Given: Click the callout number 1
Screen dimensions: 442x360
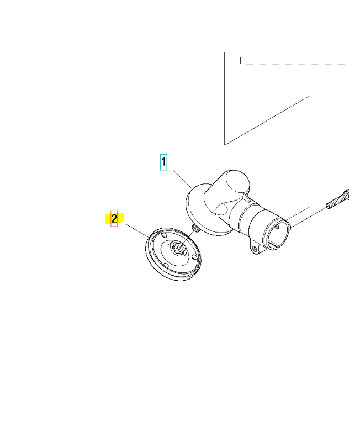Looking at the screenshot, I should click(163, 162).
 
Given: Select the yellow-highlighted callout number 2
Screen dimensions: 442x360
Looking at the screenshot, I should click(114, 219).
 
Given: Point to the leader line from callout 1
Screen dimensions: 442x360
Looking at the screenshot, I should click(180, 178).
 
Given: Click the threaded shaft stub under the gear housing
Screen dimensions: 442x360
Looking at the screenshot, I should click(195, 228).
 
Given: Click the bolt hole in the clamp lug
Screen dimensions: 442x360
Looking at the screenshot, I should click(254, 249).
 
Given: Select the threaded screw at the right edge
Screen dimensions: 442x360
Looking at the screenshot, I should click(339, 199).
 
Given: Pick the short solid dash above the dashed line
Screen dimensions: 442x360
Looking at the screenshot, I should click(316, 51).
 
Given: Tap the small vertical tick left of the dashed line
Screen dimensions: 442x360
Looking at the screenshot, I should click(240, 60).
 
